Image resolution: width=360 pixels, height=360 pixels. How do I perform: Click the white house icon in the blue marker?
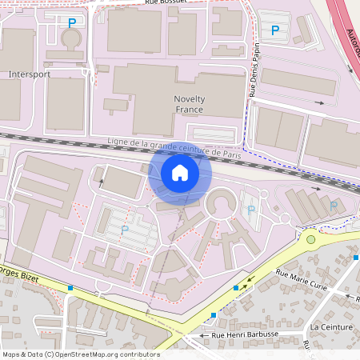click(180, 173)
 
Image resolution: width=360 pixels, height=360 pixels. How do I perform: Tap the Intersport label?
click(29, 74)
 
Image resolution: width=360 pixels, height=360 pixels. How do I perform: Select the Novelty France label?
click(190, 104)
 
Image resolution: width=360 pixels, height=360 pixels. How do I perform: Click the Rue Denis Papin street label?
click(254, 73)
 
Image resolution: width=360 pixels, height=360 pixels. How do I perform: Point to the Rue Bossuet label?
click(166, 3)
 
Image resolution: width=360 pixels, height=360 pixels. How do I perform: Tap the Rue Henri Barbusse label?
click(254, 335)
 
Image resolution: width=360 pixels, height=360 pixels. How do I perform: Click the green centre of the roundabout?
click(311, 238)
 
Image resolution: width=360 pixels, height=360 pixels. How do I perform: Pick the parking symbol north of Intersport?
click(73, 23)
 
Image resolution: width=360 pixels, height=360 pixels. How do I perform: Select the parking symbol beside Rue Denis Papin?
click(275, 30)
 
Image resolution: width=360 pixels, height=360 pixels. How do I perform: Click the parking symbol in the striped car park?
click(124, 229)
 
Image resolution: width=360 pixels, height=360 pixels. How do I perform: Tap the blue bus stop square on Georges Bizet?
click(71, 287)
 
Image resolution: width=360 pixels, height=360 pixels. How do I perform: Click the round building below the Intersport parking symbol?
click(72, 38)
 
